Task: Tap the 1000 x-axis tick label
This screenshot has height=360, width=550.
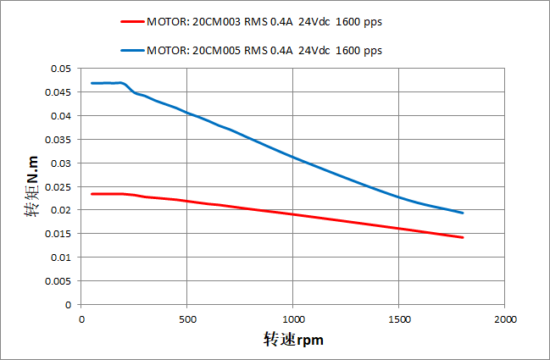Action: (x=292, y=318)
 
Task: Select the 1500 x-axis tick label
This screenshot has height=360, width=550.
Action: (x=398, y=318)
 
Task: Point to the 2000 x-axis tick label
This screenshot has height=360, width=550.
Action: (x=504, y=318)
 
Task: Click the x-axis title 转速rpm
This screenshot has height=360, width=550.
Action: (x=293, y=340)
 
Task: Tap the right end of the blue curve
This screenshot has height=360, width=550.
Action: (x=463, y=213)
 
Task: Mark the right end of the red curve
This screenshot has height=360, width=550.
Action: (x=463, y=237)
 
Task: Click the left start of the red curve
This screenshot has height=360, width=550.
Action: (x=92, y=194)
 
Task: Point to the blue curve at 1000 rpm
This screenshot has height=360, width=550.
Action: (x=292, y=157)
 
